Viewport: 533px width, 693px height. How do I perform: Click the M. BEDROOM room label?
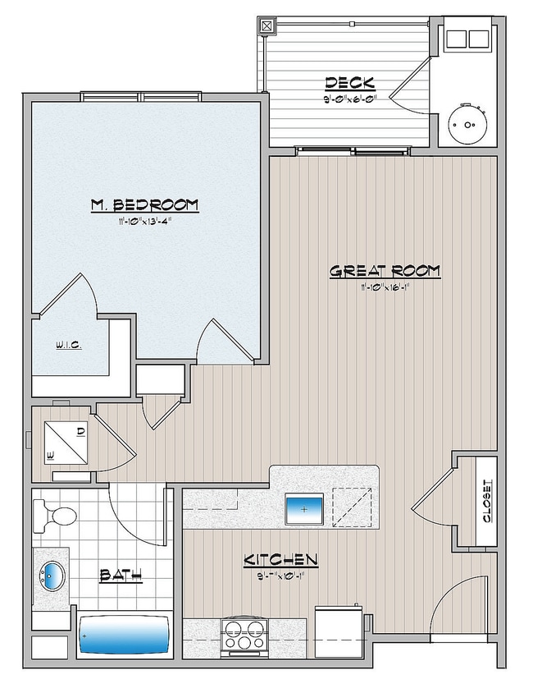click(x=144, y=204)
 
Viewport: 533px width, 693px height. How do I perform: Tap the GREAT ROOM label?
click(x=385, y=271)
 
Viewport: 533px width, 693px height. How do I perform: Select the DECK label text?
click(x=350, y=83)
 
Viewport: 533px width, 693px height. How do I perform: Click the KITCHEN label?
click(x=280, y=560)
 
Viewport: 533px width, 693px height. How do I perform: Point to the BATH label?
click(x=120, y=576)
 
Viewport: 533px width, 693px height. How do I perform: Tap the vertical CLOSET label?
click(x=485, y=502)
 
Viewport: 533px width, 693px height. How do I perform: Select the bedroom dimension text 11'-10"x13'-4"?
click(x=144, y=220)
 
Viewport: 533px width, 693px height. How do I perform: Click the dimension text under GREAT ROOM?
click(x=385, y=287)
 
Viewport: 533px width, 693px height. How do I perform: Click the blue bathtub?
click(x=124, y=634)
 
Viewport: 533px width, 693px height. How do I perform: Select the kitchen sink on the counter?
click(x=304, y=509)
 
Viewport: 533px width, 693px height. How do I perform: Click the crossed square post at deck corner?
click(x=266, y=25)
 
